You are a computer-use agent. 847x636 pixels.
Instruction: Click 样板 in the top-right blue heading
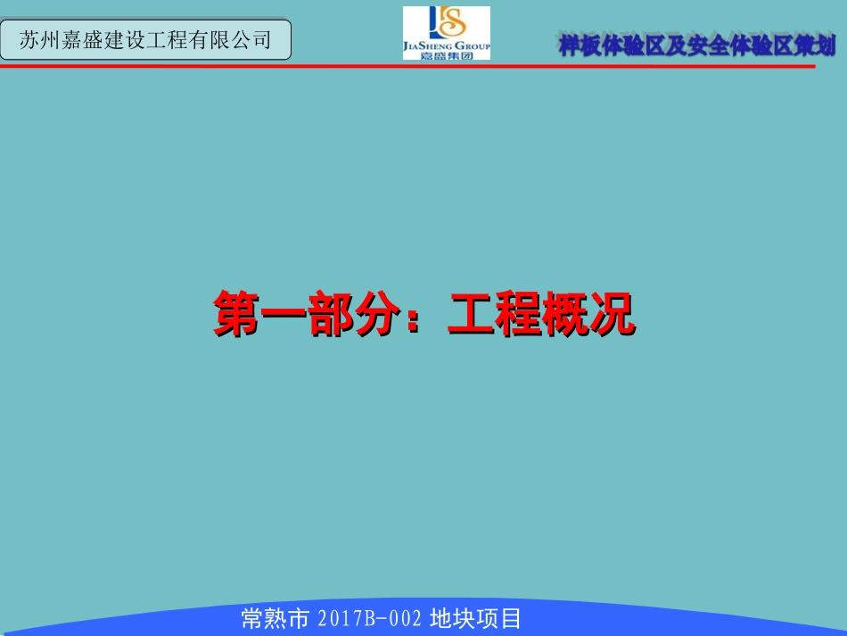580,46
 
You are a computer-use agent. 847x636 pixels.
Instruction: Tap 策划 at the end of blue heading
816,46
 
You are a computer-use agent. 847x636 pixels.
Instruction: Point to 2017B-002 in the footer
369,618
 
